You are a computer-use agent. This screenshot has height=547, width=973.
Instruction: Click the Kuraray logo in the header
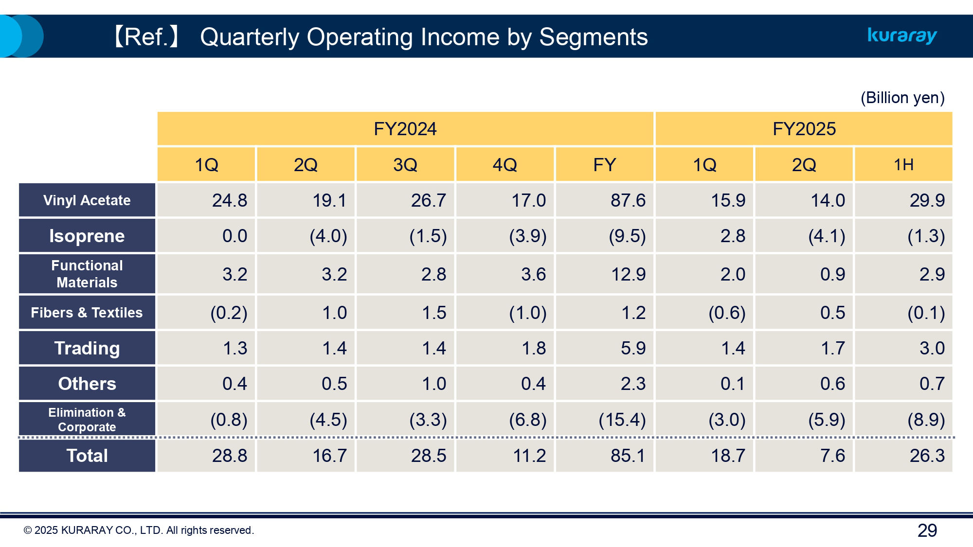pyautogui.click(x=902, y=36)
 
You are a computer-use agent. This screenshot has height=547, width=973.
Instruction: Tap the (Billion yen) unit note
pyautogui.click(x=902, y=98)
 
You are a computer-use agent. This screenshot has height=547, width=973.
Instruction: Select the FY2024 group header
pyautogui.click(x=405, y=129)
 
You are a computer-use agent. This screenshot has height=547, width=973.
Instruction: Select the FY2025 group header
pyautogui.click(x=804, y=129)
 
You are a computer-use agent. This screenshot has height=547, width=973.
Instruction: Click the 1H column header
pyautogui.click(x=903, y=165)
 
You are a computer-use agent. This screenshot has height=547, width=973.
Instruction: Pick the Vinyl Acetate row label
pyautogui.click(x=87, y=200)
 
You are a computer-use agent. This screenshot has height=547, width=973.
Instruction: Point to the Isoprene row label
pyautogui.click(x=87, y=236)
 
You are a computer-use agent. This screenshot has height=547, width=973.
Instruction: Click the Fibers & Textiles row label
pyautogui.click(x=87, y=313)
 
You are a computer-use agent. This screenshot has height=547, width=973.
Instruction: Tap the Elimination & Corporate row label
pyautogui.click(x=87, y=419)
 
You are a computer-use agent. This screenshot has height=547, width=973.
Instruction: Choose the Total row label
pyautogui.click(x=87, y=456)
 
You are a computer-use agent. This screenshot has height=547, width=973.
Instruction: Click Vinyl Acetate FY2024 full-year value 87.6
pyautogui.click(x=628, y=200)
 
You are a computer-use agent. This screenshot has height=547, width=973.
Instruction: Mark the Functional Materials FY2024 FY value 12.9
pyautogui.click(x=628, y=274)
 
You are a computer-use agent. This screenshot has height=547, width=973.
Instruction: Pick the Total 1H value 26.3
pyautogui.click(x=927, y=456)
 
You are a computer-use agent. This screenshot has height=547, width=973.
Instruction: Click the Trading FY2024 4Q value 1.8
pyautogui.click(x=533, y=348)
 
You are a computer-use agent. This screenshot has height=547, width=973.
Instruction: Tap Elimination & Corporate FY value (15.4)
pyautogui.click(x=622, y=419)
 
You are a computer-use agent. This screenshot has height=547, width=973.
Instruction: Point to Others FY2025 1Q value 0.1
pyautogui.click(x=732, y=384)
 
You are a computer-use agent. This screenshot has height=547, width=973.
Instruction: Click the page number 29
pyautogui.click(x=927, y=530)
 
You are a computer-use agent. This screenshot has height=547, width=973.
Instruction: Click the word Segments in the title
pyautogui.click(x=593, y=37)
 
